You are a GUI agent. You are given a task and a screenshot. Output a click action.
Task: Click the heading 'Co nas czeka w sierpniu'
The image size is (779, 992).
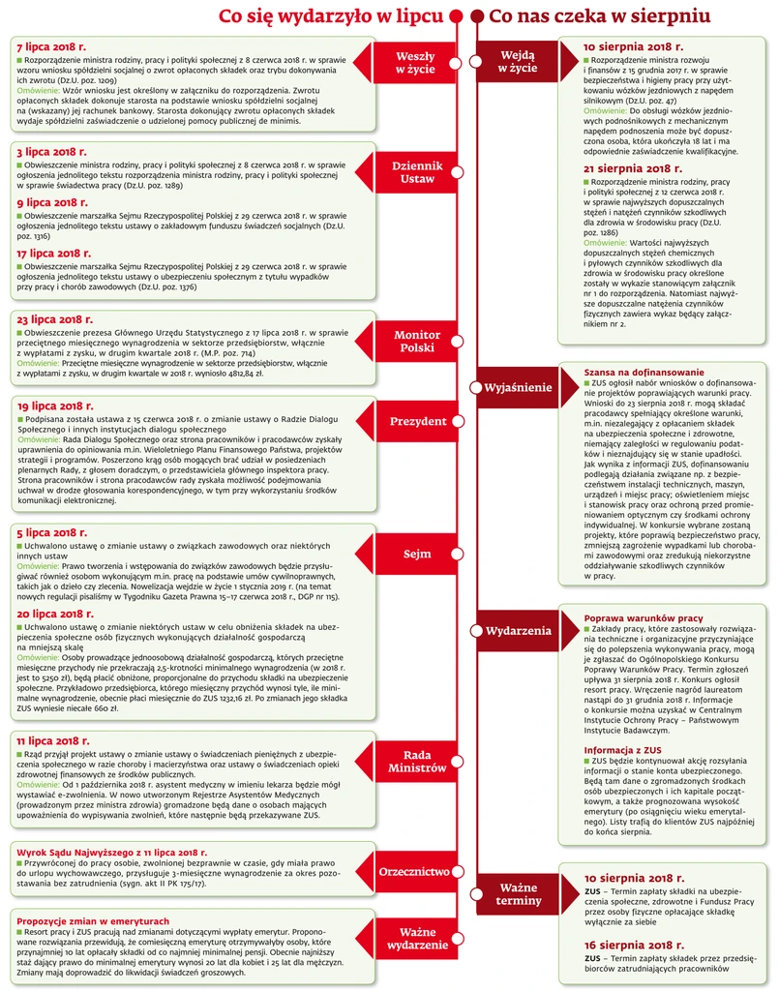coord(600,16)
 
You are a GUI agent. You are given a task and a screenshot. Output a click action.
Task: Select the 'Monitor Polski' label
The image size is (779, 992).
coord(417,341)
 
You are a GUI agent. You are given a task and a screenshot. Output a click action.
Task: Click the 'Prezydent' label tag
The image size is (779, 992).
coord(417,422)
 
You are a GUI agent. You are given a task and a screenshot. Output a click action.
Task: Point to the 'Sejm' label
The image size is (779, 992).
coord(417,555)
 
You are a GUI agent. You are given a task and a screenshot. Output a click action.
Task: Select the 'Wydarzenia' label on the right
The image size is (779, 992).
coord(519,631)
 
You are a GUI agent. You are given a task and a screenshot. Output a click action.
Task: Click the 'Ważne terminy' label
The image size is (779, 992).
coord(520,894)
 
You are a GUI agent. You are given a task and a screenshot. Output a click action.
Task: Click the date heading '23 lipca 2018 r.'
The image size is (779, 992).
coord(55,318)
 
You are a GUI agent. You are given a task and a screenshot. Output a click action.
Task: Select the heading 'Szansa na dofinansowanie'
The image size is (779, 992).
coord(644,373)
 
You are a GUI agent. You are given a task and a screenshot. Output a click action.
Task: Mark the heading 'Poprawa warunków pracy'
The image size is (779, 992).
coord(642,619)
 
